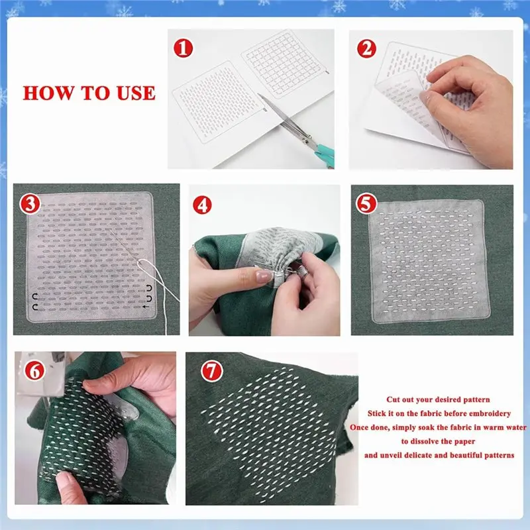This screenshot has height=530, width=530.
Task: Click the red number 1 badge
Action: (x=183, y=48)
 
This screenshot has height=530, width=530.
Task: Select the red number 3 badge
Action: (x=28, y=204)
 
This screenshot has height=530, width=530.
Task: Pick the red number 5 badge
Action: (x=366, y=204)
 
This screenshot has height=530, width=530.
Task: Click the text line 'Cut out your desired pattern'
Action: (x=439, y=399)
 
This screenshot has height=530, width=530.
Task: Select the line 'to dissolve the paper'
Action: (x=438, y=441)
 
